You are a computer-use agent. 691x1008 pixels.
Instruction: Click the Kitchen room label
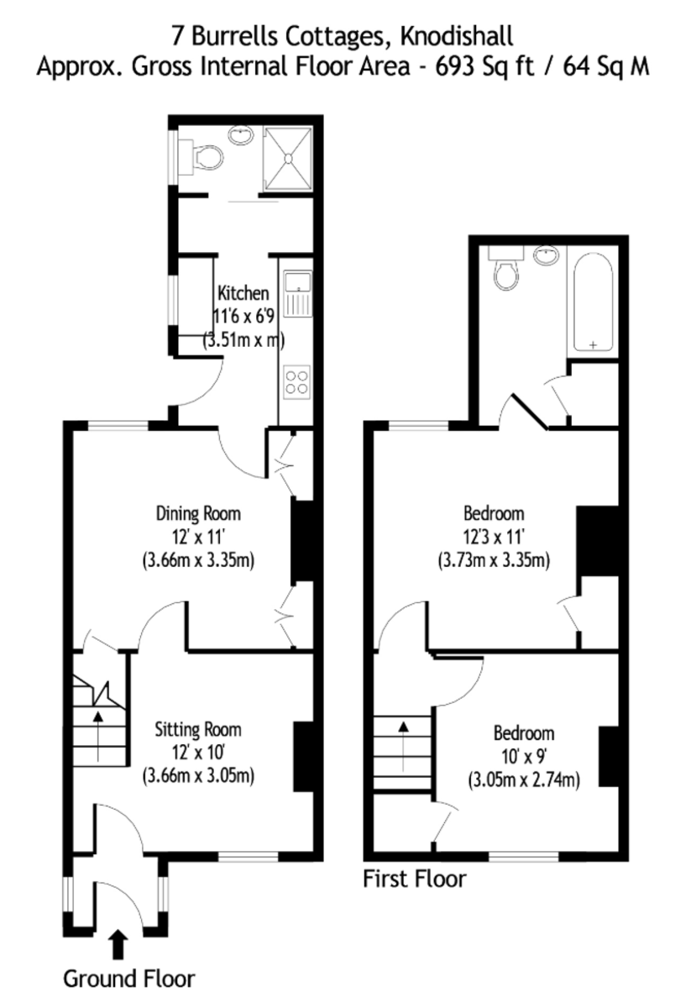[243, 293]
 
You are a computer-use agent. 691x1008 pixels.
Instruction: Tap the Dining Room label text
[199, 512]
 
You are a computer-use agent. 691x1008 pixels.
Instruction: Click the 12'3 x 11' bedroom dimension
[494, 536]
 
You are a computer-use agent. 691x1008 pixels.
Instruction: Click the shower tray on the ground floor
[289, 157]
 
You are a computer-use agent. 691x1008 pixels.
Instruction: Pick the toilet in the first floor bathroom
[506, 273]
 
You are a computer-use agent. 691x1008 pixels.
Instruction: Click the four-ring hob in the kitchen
[296, 381]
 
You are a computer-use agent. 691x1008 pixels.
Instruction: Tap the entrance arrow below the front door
[118, 944]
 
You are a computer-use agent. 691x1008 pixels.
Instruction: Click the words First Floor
[414, 879]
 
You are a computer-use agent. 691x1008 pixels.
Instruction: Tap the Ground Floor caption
[129, 979]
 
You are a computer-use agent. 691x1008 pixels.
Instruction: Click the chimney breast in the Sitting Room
[302, 756]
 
